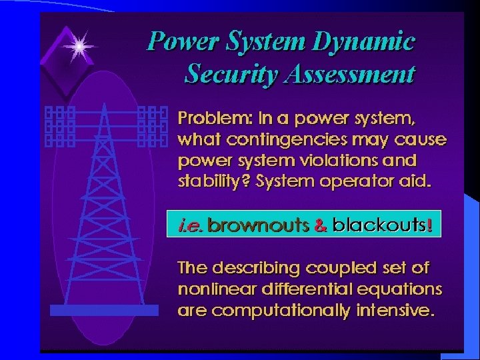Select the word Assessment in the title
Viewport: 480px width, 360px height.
click(x=347, y=74)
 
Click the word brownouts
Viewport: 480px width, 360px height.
click(x=257, y=226)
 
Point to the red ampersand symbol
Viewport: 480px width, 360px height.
click(x=320, y=226)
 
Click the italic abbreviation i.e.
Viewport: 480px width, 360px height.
click(x=191, y=226)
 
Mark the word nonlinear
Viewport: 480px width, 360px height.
click(x=211, y=289)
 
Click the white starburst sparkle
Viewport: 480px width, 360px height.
click(x=80, y=45)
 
